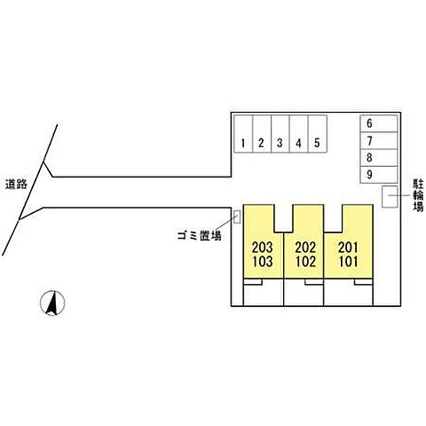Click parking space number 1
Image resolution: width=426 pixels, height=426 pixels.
(x=243, y=134)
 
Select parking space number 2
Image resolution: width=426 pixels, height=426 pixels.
(x=262, y=134)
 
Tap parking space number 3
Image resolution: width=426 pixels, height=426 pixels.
(x=280, y=134)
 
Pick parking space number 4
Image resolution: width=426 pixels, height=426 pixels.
(x=299, y=134)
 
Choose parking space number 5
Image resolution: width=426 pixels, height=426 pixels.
(x=318, y=134)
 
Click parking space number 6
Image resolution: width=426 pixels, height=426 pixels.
(x=379, y=123)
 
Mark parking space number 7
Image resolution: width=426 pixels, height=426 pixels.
(x=379, y=140)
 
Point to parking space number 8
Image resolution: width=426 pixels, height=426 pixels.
(x=379, y=158)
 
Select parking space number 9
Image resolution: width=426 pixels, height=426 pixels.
(x=379, y=175)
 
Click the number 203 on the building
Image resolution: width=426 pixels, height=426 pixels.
(x=262, y=248)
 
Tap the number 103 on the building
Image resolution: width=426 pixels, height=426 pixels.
(x=262, y=261)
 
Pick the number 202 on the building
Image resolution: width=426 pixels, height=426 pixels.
(x=305, y=248)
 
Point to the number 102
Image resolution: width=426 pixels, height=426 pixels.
(x=305, y=261)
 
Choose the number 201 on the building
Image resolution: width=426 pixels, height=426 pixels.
(x=348, y=248)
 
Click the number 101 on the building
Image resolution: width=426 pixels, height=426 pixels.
(x=348, y=261)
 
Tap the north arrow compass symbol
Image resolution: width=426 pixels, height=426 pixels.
(x=52, y=303)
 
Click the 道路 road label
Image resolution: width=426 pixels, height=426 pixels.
(x=16, y=184)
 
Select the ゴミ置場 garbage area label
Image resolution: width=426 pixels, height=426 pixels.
(x=200, y=236)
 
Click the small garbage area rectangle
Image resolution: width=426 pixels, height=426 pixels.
(x=237, y=217)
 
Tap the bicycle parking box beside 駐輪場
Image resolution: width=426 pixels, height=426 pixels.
(x=390, y=196)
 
